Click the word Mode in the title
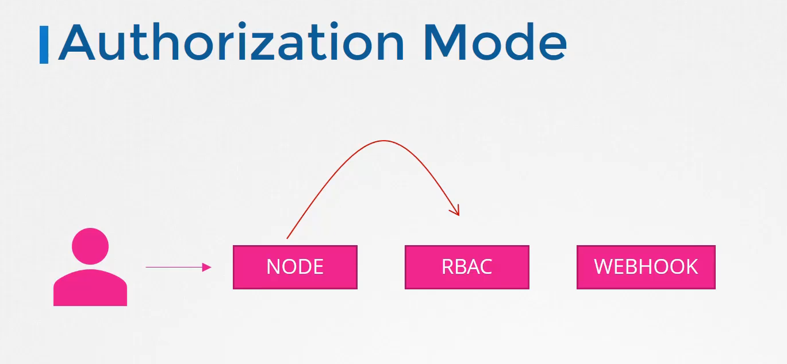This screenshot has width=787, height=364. coord(496,42)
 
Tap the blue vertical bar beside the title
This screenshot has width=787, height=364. coord(44,45)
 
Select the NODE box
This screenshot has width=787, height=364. coord(295,267)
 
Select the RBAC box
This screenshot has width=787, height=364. coord(467,267)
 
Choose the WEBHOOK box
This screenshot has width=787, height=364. coord(646,267)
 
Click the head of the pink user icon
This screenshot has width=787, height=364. coord(90,246)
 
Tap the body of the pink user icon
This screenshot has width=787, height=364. coord(90,288)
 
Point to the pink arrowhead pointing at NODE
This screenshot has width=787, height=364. coord(206,267)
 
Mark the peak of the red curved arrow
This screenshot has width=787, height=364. coord(383,141)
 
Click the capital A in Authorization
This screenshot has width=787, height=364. coord(77,42)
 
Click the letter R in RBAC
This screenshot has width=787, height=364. coord(448,267)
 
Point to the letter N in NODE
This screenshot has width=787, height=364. coord(273,267)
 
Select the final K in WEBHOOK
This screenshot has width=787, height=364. coord(692,267)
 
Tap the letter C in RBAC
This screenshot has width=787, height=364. coord(485,267)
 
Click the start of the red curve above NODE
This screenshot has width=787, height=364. coord(287,239)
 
